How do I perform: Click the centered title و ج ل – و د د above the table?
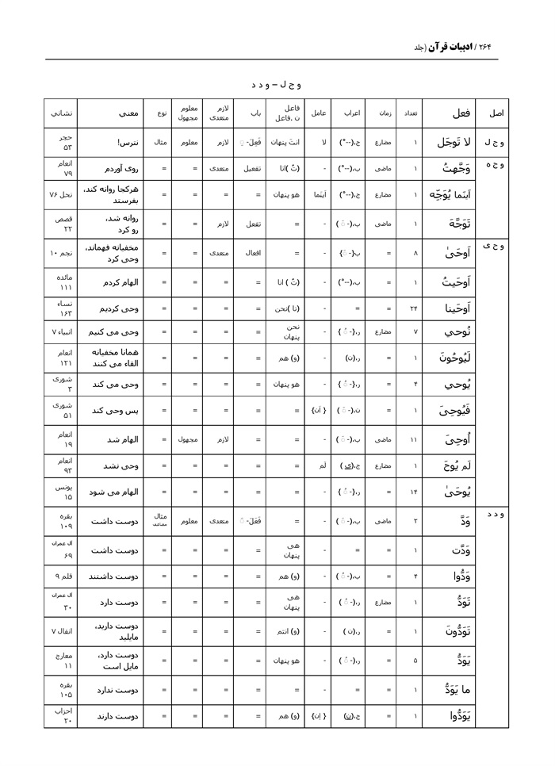click(x=277, y=84)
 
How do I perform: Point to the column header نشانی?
click(x=63, y=113)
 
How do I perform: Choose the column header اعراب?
click(x=348, y=113)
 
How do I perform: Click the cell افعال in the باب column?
click(x=255, y=254)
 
